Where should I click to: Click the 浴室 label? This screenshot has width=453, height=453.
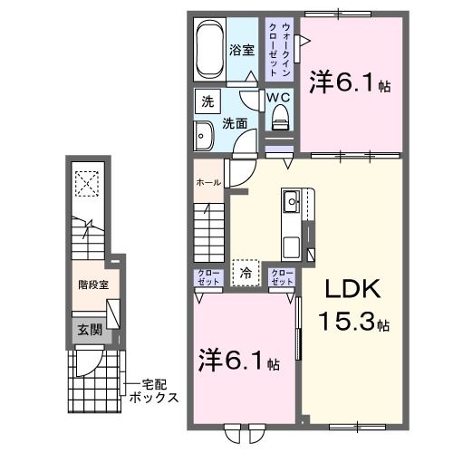click(240, 51)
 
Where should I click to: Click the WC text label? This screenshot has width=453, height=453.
click(278, 95)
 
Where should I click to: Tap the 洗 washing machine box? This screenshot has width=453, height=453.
click(207, 101)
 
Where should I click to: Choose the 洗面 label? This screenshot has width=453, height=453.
click(236, 124)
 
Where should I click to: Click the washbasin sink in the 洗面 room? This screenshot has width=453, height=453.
click(204, 139)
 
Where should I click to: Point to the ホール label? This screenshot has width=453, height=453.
click(207, 183)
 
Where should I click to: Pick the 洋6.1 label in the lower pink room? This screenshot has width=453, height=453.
click(240, 363)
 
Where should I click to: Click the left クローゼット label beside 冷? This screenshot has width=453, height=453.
click(207, 276)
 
